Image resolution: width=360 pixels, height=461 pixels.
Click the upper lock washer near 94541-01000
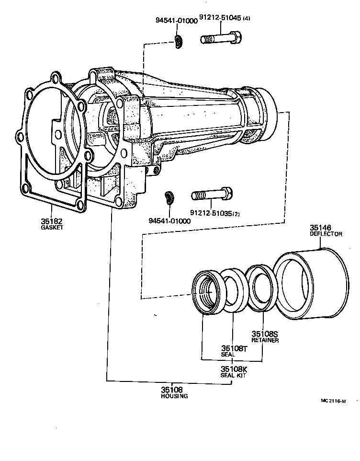[x=179, y=43]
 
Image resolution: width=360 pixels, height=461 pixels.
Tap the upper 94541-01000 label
[x=177, y=21]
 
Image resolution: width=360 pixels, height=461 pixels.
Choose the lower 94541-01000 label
[x=169, y=221]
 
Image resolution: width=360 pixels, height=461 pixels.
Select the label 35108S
[x=264, y=334]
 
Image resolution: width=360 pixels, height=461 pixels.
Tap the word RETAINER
[x=265, y=340]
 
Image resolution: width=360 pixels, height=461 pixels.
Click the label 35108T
[x=234, y=348]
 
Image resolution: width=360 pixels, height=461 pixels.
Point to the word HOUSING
[x=174, y=396]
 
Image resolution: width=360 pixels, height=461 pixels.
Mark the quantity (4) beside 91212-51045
[x=247, y=19]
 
